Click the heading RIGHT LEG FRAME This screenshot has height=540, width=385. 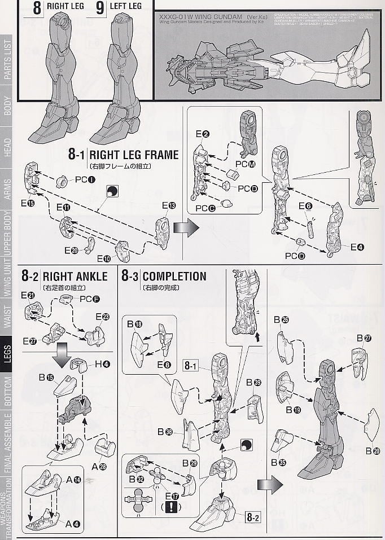point(134,154)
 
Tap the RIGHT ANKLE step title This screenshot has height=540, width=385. point(75,276)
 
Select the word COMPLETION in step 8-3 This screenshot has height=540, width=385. point(174,276)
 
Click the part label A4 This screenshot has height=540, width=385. point(72,523)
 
